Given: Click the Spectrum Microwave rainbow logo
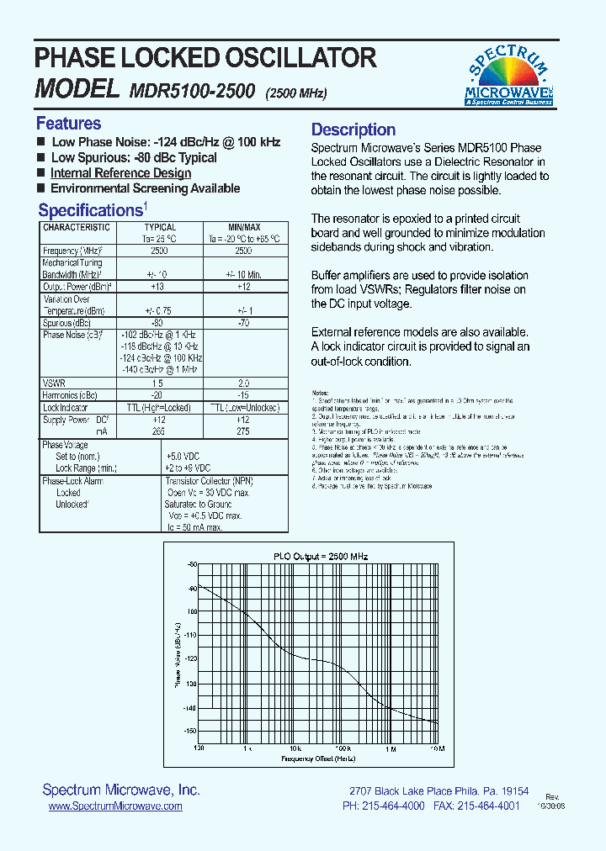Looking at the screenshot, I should (509, 74).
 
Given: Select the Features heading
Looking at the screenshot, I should (68, 124).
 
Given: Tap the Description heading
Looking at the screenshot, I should (353, 129).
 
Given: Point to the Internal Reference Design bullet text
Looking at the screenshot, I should (120, 173).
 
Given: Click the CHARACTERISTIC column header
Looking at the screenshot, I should (77, 227).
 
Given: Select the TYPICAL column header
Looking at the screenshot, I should (160, 227).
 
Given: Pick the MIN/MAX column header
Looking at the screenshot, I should (244, 227).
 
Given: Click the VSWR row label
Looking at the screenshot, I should (54, 383).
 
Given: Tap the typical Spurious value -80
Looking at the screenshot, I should (157, 322).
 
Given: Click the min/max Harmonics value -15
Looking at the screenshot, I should (243, 395).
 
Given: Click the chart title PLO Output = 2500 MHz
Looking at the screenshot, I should (316, 557).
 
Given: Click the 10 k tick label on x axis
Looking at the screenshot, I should (295, 748).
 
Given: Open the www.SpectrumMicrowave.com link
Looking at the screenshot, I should (115, 806).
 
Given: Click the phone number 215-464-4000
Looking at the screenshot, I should (395, 806).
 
